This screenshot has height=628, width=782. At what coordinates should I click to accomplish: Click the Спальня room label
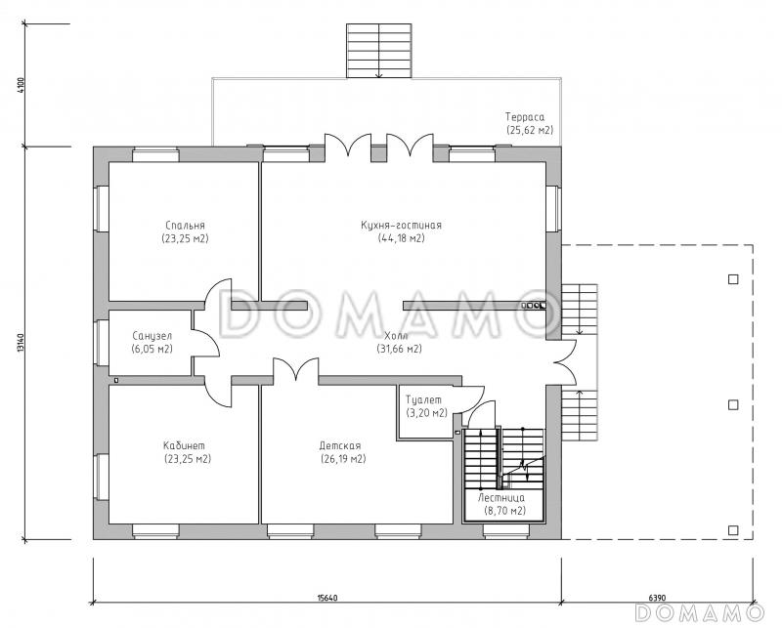click(185, 226)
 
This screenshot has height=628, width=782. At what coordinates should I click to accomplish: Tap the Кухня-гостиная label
click(401, 226)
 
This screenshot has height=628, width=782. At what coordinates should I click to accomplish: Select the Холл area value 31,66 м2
click(399, 349)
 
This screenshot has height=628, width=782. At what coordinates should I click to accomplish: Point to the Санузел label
click(152, 336)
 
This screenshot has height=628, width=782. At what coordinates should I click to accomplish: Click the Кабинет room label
click(184, 445)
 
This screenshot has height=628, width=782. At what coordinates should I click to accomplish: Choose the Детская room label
click(340, 445)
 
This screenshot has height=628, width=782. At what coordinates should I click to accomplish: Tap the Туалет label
click(423, 399)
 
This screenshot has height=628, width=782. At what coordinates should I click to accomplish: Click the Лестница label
click(501, 498)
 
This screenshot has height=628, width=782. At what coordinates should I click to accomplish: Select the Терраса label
click(525, 117)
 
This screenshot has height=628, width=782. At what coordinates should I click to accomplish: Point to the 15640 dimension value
click(327, 598)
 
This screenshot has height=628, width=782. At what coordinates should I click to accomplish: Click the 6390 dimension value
click(657, 598)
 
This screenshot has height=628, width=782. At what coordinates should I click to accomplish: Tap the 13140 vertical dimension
click(21, 343)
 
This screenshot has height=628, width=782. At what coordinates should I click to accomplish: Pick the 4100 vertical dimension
click(21, 85)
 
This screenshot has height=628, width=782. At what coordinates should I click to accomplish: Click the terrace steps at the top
click(379, 51)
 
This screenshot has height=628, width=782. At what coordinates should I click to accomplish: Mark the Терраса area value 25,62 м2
click(530, 130)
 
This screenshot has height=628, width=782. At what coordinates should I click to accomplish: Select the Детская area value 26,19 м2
click(343, 458)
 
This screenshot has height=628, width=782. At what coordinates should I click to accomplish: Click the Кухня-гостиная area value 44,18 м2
click(402, 238)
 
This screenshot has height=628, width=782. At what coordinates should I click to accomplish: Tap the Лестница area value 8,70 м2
click(504, 511)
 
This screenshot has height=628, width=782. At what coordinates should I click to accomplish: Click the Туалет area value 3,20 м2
click(426, 413)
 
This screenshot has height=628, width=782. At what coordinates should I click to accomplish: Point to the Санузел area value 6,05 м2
click(152, 349)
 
